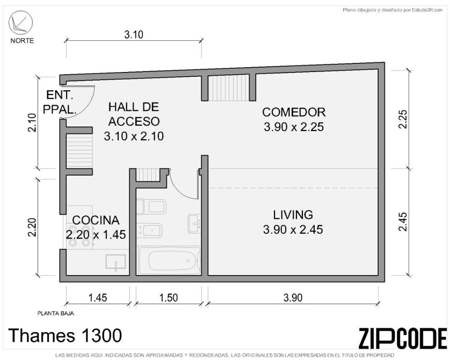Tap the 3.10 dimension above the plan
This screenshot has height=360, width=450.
pyautogui.click(x=134, y=35)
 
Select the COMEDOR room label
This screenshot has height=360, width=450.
pyautogui.click(x=294, y=112)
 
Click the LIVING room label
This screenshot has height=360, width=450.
pyautogui.click(x=293, y=215)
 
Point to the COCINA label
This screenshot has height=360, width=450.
pyautogui.click(x=96, y=220)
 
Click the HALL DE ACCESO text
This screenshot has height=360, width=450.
pyautogui.click(x=134, y=114)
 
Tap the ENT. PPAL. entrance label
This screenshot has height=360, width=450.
pyautogui.click(x=60, y=102)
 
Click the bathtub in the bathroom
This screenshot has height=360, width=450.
pyautogui.click(x=169, y=260)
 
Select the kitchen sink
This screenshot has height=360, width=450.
pyautogui.click(x=115, y=262)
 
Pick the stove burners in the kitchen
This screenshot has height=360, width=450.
pyautogui.click(x=77, y=236)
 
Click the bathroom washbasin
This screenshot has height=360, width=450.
pyautogui.click(x=194, y=224)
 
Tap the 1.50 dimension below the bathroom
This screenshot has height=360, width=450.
pyautogui.click(x=169, y=298)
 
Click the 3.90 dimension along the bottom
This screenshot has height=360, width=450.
pyautogui.click(x=293, y=298)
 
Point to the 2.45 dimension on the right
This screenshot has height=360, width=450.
pyautogui.click(x=402, y=221)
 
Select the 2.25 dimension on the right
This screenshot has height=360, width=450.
pyautogui.click(x=402, y=119)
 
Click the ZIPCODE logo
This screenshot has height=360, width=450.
pyautogui.click(x=403, y=338)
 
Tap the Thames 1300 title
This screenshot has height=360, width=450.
pyautogui.click(x=66, y=335)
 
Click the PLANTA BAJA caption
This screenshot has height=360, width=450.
pyautogui.click(x=56, y=313)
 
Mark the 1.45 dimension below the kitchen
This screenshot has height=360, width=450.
pyautogui.click(x=98, y=298)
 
